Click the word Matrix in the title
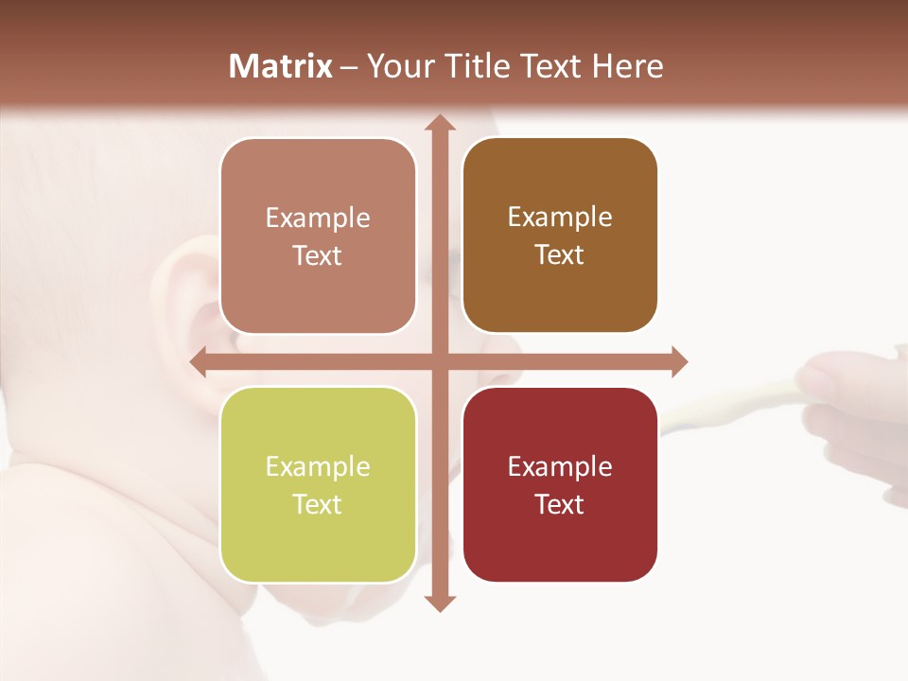click(x=281, y=66)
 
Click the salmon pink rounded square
click(x=318, y=236)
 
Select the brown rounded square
click(x=560, y=236)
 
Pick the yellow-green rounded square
click(x=318, y=484)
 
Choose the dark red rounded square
click(x=560, y=484)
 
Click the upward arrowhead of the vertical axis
click(x=439, y=123)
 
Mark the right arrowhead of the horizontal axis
click(x=678, y=361)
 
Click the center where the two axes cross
click(x=439, y=361)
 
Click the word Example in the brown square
click(x=560, y=217)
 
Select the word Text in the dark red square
click(x=560, y=504)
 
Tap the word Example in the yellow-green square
click(x=318, y=466)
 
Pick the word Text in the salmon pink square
click(x=318, y=256)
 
